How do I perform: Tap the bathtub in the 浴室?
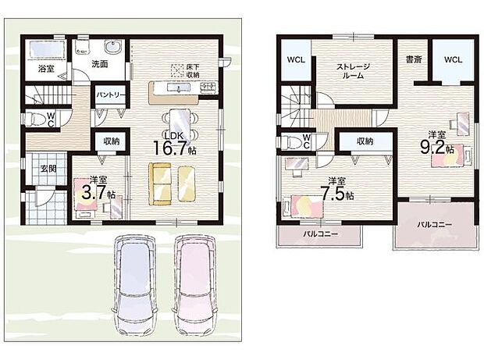tap(47, 52)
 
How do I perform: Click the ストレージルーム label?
tap(352, 73)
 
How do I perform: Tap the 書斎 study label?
tap(414, 59)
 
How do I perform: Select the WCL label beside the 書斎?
tap(454, 59)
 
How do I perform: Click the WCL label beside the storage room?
tap(295, 59)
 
